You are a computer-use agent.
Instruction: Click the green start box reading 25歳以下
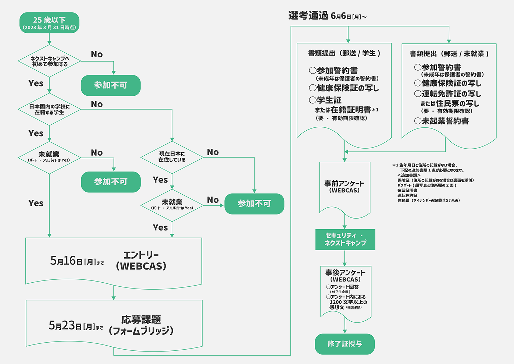49,23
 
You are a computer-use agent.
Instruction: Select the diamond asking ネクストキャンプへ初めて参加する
49,61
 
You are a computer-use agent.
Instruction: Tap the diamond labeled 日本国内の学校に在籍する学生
49,109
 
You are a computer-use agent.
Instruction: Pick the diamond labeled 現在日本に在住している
172,157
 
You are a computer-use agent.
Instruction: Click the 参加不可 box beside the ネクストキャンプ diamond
111,85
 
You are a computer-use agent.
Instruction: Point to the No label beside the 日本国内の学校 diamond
97,105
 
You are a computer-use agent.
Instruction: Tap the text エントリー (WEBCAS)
141,261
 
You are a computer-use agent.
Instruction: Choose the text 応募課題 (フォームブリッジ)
141,325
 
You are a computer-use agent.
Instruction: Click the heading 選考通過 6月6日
327,16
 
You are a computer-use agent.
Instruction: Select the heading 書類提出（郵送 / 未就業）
449,54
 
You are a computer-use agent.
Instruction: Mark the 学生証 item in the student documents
325,100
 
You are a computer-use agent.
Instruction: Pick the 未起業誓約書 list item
442,121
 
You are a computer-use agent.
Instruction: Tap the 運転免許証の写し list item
448,94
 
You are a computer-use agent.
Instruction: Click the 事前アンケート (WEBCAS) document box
345,187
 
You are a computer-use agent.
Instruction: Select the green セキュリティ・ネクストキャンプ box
345,240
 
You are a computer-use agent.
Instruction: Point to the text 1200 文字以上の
348,302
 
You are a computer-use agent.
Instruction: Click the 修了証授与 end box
345,344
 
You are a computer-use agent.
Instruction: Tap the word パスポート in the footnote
404,185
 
